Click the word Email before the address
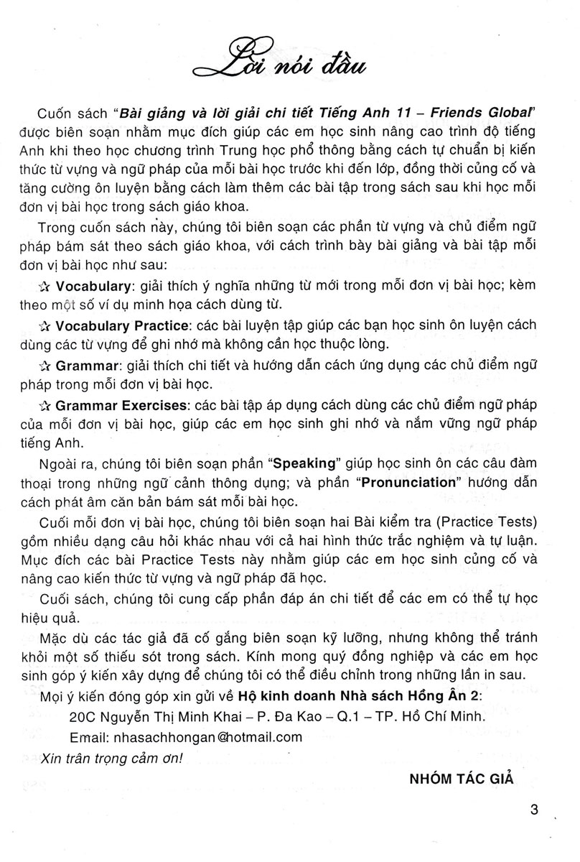coord(86,736)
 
